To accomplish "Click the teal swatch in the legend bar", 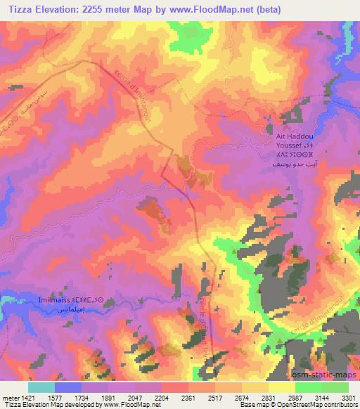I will [41, 387].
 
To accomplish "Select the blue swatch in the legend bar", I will [69, 387].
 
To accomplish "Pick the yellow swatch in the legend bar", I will [281, 387].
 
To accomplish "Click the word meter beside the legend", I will [9, 397].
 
